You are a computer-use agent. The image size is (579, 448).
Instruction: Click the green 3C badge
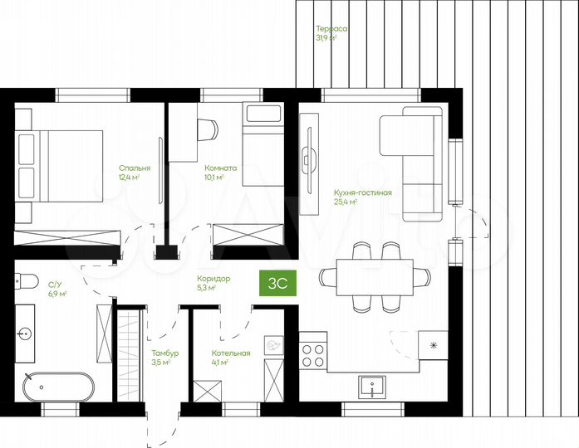pyautogui.click(x=277, y=283)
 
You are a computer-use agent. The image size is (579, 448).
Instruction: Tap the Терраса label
pyautogui.click(x=331, y=29)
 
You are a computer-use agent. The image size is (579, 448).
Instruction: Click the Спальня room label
pyautogui.click(x=135, y=168)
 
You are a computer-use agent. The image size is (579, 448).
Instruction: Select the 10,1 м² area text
pyautogui.click(x=214, y=178)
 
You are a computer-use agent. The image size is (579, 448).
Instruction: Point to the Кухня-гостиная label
pyautogui.click(x=363, y=192)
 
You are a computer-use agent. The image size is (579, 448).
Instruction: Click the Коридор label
pyautogui.click(x=213, y=279)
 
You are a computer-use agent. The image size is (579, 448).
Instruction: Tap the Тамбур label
pyautogui.click(x=165, y=353)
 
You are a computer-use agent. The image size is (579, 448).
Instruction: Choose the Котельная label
pyautogui.click(x=231, y=353)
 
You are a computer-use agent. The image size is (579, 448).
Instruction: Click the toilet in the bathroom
pyautogui.click(x=27, y=281)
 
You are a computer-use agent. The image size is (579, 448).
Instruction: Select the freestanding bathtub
pyautogui.click(x=58, y=387)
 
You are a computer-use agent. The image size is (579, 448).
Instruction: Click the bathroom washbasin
pyautogui.click(x=25, y=334)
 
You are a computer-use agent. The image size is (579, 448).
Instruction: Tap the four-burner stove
pyautogui.click(x=313, y=356)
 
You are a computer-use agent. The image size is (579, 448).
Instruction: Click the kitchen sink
pyautogui.click(x=372, y=387)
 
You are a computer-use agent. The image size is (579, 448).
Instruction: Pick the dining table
pyautogui.click(x=375, y=277)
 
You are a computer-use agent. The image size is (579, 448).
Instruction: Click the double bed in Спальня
pyautogui.click(x=59, y=166)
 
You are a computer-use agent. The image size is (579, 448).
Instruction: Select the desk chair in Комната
pyautogui.click(x=208, y=129)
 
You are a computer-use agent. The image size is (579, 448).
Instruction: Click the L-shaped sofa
pyautogui.click(x=412, y=164)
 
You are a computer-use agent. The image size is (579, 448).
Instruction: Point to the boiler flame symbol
pyautogui.click(x=274, y=345)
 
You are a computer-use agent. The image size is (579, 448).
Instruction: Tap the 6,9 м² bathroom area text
pyautogui.click(x=57, y=294)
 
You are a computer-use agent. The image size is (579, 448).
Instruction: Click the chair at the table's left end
pyautogui.click(x=327, y=277)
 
